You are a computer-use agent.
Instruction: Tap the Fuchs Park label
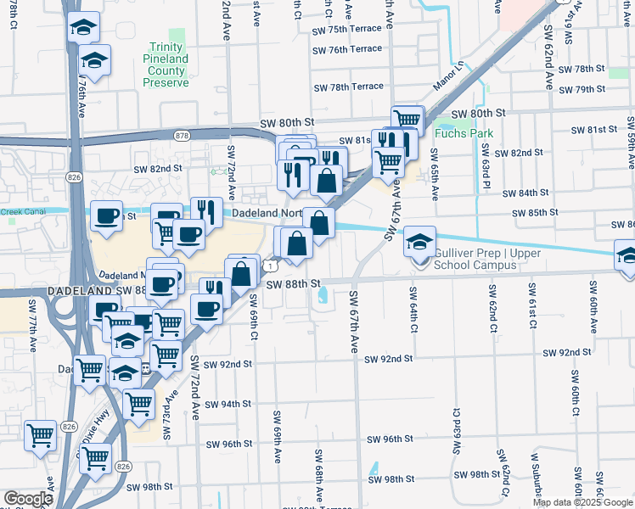452,133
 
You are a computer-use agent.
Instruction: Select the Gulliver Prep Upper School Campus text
475,260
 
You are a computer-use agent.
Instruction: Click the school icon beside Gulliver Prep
419,243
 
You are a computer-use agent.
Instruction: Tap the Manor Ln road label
449,75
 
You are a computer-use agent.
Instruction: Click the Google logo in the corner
27,499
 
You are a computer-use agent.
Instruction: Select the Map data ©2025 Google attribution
582,502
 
